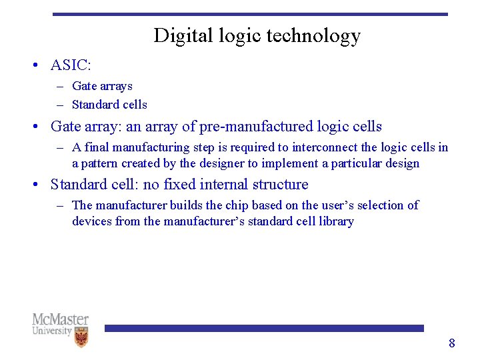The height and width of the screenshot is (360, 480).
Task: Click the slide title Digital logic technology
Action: pyautogui.click(x=257, y=35)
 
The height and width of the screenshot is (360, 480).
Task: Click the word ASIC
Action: pyautogui.click(x=70, y=65)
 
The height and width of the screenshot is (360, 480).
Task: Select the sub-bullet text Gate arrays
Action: pyautogui.click(x=102, y=86)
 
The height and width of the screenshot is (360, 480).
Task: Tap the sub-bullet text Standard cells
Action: pyautogui.click(x=109, y=105)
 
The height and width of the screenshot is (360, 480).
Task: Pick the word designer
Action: pyautogui.click(x=219, y=163)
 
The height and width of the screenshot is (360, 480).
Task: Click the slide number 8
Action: pyautogui.click(x=451, y=343)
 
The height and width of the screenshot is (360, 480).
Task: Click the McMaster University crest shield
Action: pyautogui.click(x=81, y=337)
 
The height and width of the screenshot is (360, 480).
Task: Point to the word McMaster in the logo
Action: pyautogui.click(x=60, y=320)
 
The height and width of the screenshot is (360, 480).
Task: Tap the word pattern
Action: pyautogui.click(x=99, y=163)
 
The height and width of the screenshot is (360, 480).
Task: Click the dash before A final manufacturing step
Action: pyautogui.click(x=60, y=147)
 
